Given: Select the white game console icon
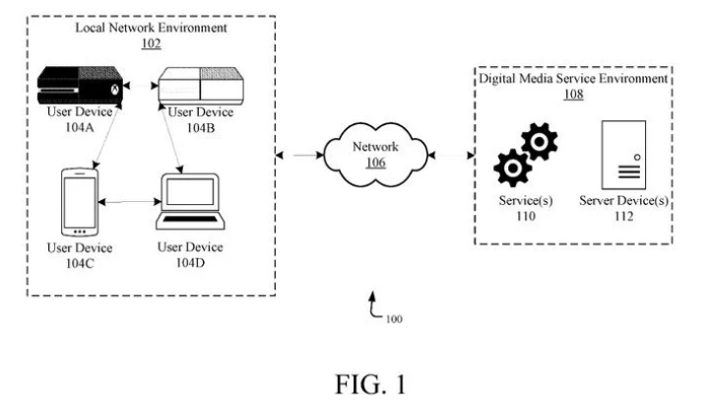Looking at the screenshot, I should coord(196,85).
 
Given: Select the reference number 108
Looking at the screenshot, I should coord(572,95).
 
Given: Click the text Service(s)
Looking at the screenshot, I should coord(526,202).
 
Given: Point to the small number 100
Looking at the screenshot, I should coord(394,319).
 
